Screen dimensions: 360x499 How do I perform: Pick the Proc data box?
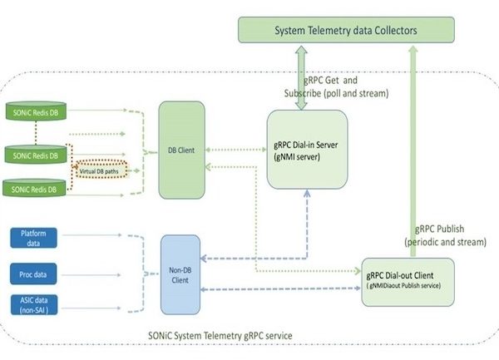coord(32,274)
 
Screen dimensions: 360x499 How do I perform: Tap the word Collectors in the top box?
coord(388,31)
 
